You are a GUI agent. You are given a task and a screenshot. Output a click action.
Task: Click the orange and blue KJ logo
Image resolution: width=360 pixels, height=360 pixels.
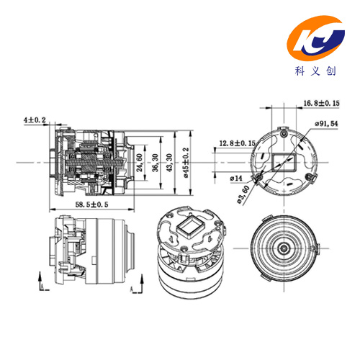coord(316,37)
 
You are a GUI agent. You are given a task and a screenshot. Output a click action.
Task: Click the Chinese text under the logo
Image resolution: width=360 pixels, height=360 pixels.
coord(315,71)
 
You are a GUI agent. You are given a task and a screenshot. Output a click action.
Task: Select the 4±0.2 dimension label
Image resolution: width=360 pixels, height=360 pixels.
coord(35,120)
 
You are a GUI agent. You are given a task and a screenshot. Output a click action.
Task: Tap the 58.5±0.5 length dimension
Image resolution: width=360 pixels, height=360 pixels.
coord(91,204)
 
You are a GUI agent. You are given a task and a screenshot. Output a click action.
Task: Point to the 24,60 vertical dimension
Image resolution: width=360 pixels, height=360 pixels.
coord(140,163)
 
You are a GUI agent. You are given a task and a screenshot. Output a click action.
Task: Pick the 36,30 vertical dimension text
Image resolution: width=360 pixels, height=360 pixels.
coord(156,163)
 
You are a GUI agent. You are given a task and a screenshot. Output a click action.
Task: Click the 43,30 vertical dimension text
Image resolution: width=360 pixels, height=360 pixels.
coord(169,163)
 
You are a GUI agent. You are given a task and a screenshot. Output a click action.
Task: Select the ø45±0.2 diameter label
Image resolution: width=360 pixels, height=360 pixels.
coord(186,163)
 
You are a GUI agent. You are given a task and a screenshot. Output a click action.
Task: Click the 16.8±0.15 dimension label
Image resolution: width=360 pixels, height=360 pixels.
coord(322,103)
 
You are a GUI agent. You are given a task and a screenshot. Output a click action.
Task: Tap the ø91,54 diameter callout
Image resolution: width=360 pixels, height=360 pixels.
coord(326,124)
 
